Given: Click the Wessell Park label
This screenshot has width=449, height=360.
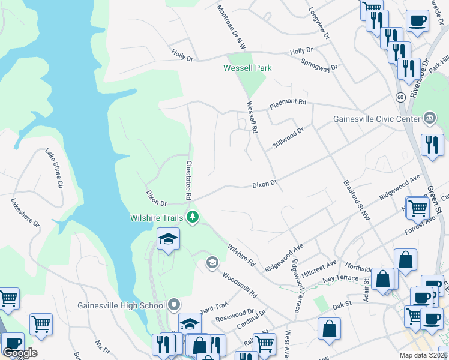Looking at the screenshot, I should pyautogui.click(x=247, y=68).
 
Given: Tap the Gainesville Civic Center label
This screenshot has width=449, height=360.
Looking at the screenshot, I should pyautogui.click(x=376, y=119).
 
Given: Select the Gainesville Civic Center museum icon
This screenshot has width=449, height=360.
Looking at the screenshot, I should pyautogui.click(x=430, y=118).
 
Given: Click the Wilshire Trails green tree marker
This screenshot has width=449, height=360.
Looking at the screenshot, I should pyautogui.click(x=193, y=217).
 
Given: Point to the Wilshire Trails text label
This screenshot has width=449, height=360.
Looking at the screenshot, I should pyautogui.click(x=158, y=217).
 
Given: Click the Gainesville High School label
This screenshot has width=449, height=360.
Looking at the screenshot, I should pyautogui.click(x=121, y=305).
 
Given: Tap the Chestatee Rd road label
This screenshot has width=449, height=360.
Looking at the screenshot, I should pyautogui.click(x=188, y=180).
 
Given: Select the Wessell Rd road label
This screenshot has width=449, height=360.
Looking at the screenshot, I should pyautogui.click(x=252, y=117).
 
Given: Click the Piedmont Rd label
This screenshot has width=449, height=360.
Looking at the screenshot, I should pyautogui.click(x=288, y=102).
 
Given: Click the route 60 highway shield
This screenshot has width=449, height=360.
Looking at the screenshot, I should pyautogui.click(x=400, y=97).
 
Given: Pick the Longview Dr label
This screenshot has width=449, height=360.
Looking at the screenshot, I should pyautogui.click(x=319, y=23).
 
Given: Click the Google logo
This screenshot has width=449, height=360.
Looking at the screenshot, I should pyautogui.click(x=20, y=352).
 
